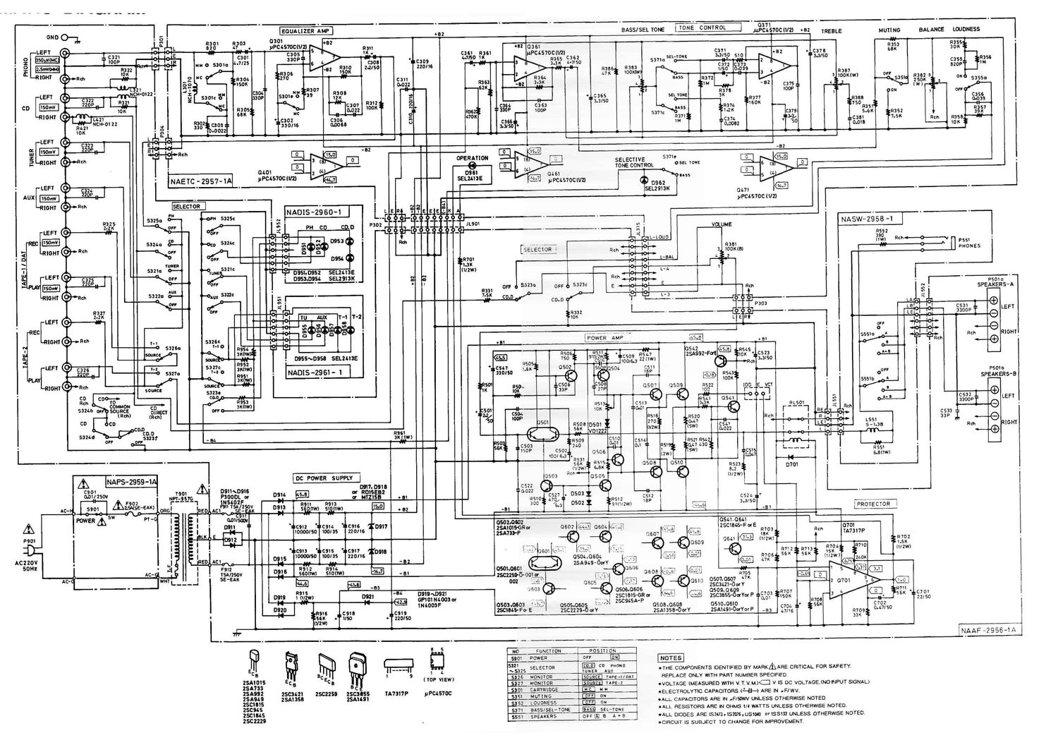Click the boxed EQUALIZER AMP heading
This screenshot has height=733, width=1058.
(305, 32)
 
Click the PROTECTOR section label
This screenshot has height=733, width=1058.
(872, 504)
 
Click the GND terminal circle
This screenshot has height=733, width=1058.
(66, 37)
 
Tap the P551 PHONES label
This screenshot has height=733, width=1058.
(969, 243)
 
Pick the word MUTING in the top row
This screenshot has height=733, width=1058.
(889, 30)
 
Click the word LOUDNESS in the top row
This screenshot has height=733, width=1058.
(966, 30)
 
